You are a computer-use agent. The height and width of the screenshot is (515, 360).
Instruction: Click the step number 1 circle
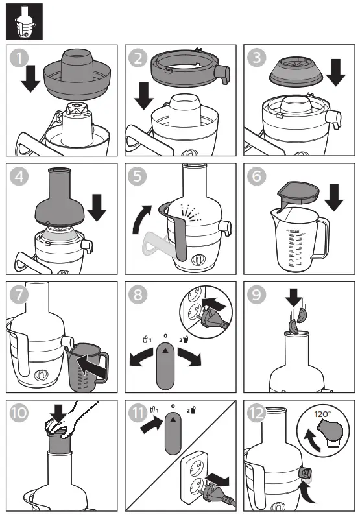point(19,59)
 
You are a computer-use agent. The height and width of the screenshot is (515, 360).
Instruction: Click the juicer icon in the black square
point(24,21)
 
